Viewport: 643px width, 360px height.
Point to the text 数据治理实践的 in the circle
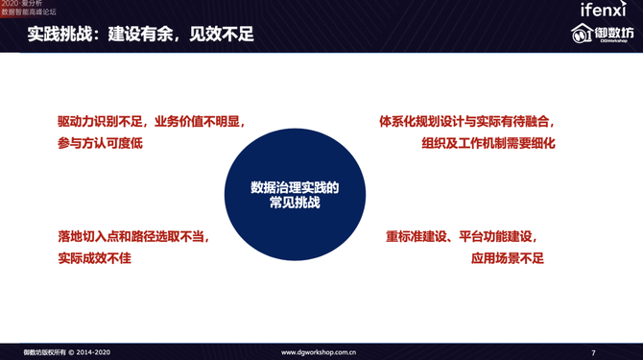click(295, 187)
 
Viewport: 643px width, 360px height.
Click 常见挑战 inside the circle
click(295, 204)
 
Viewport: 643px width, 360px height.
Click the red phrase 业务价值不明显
click(199, 123)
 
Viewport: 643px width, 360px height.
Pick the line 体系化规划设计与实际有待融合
click(466, 123)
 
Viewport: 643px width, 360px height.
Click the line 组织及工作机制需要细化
click(488, 143)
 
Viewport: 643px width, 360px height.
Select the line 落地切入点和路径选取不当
click(132, 236)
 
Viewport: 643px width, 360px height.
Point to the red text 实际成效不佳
click(93, 257)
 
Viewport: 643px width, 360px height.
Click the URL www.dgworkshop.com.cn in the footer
click(320, 352)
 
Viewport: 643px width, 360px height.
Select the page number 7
click(593, 352)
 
